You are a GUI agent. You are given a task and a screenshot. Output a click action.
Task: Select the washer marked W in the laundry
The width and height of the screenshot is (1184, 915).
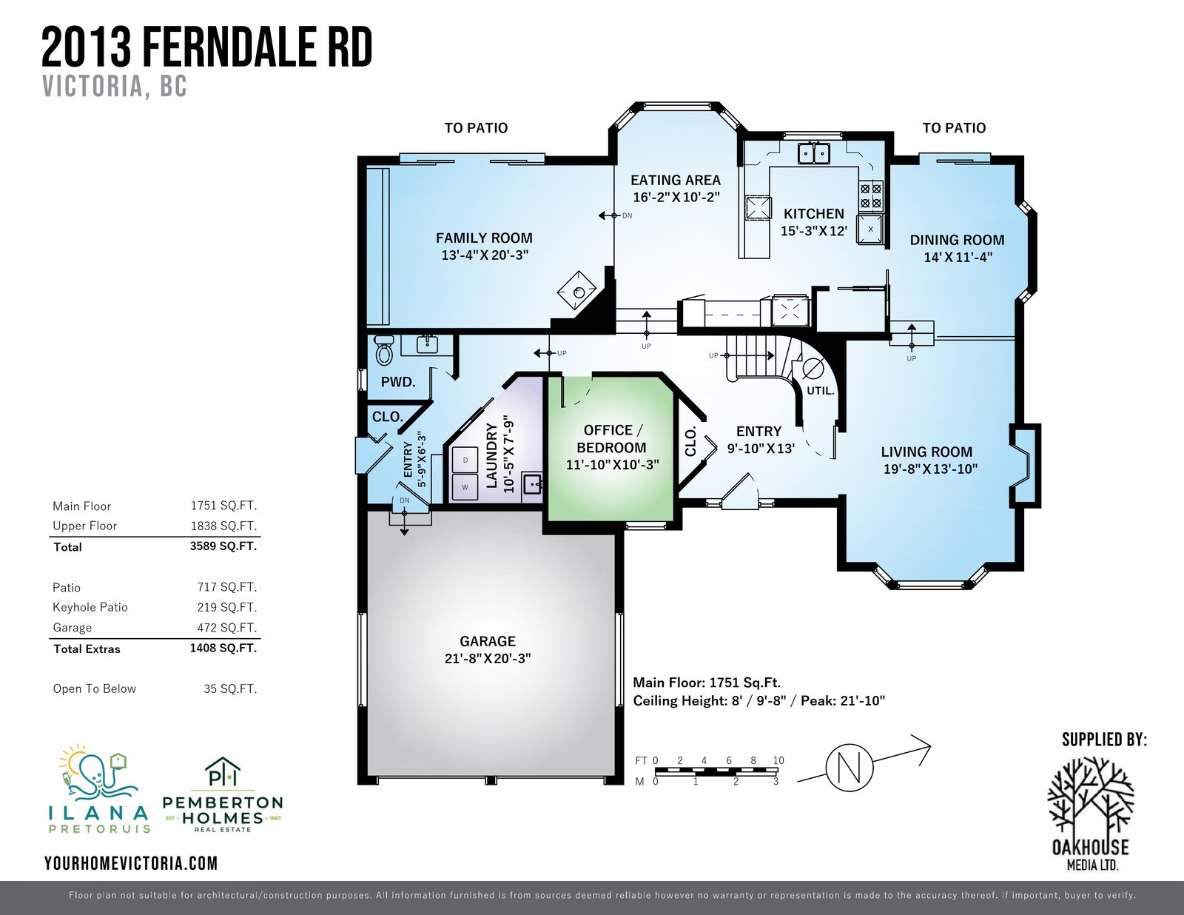(x=465, y=486)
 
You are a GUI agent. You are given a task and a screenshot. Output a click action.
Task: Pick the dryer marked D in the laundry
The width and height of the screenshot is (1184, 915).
(x=465, y=460)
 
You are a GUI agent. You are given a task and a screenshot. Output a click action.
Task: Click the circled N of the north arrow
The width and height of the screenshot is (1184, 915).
(x=850, y=768)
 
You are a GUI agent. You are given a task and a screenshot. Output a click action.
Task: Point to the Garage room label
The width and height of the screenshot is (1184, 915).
(x=487, y=641)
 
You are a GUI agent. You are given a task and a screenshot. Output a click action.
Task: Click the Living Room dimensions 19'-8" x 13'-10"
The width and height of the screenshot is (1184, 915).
(x=930, y=469)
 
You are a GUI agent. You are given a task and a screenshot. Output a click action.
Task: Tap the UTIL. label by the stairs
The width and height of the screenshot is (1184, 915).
(x=820, y=391)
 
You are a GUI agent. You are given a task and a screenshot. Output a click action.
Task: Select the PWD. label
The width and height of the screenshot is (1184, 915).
(x=398, y=382)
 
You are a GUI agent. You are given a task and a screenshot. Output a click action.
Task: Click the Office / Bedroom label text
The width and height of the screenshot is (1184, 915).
(x=611, y=439)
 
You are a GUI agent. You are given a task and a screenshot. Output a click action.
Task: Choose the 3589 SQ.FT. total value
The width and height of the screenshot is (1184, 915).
(x=223, y=546)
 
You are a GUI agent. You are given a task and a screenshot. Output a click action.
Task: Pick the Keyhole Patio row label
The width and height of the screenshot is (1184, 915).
(x=90, y=607)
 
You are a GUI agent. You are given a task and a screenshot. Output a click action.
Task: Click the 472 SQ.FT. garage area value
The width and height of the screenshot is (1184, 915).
(x=226, y=627)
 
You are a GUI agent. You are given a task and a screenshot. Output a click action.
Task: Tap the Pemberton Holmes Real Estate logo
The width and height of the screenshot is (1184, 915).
(x=223, y=795)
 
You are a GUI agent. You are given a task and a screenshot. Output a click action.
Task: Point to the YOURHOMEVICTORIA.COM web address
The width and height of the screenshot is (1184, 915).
(x=131, y=863)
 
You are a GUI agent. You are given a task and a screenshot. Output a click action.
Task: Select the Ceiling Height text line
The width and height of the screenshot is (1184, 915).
(x=758, y=701)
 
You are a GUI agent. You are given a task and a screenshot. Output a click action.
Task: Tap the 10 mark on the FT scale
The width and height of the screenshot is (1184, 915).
(x=778, y=760)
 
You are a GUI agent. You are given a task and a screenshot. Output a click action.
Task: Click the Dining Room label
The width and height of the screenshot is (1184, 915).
(x=957, y=240)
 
